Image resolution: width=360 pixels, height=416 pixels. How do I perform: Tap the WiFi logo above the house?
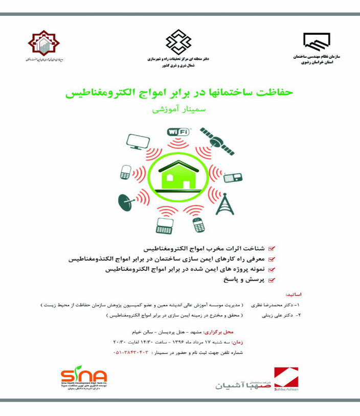tap(178, 132)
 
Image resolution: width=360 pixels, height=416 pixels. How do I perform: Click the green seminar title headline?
tap(179, 93)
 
